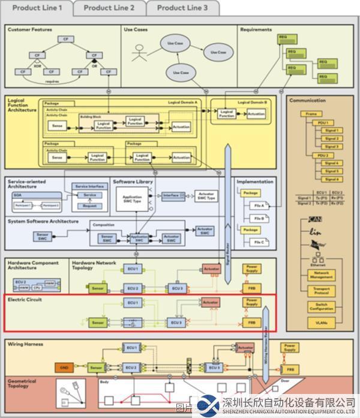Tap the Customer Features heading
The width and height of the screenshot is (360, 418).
click(x=30, y=29)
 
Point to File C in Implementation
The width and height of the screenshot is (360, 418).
click(x=259, y=242)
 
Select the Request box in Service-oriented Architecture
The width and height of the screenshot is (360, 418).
click(x=89, y=205)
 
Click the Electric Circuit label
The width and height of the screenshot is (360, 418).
click(x=25, y=300)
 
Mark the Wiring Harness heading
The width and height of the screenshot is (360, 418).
click(x=26, y=344)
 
